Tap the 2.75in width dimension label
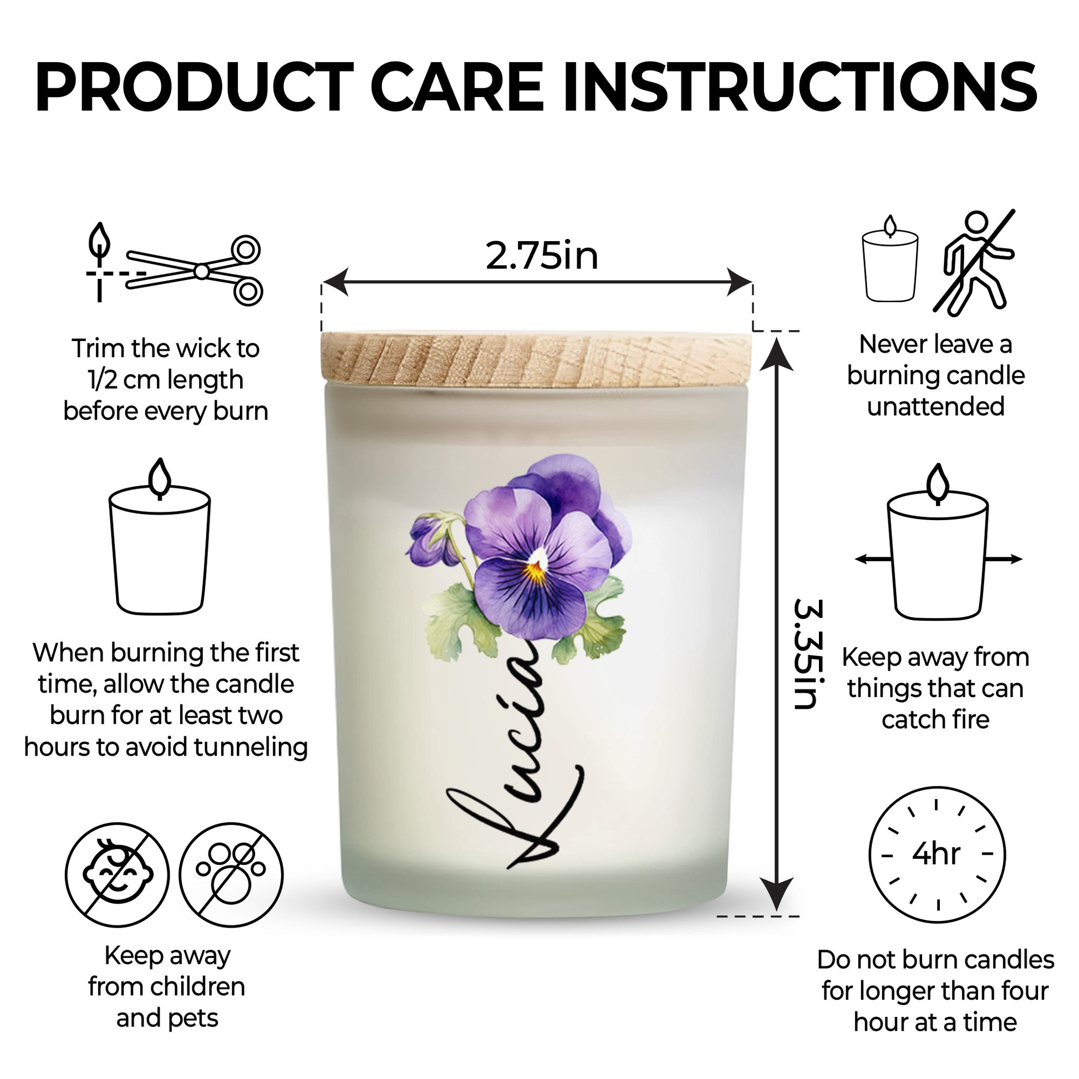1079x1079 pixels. click(x=542, y=256)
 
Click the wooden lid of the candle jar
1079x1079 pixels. click(x=537, y=359)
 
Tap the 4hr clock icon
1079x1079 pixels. click(x=937, y=854)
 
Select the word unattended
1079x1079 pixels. click(x=935, y=406)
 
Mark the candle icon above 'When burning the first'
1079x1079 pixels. click(x=160, y=537)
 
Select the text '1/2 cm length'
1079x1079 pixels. click(x=166, y=380)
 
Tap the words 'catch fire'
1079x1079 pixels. click(x=935, y=720)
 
